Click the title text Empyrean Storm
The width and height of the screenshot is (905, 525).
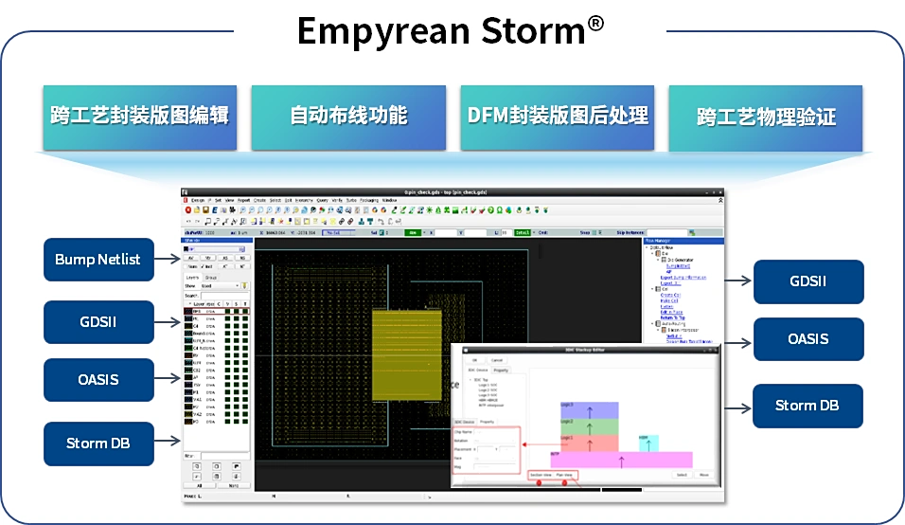440,30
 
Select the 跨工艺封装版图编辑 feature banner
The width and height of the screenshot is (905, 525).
139,117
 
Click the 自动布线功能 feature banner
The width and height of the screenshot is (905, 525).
348,117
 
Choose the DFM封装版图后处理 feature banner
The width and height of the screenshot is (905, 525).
558,117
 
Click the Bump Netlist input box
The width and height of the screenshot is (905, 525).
98,260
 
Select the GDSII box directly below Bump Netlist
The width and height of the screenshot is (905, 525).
98,322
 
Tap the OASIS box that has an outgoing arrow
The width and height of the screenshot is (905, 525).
98,380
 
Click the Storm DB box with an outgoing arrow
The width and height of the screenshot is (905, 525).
98,443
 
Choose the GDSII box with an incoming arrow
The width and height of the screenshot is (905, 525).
807,281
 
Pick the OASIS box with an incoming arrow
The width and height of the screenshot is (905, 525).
807,339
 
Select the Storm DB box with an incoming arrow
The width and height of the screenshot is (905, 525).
807,406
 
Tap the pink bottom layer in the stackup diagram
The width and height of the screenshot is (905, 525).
606,460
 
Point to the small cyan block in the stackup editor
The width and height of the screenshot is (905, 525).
648,443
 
